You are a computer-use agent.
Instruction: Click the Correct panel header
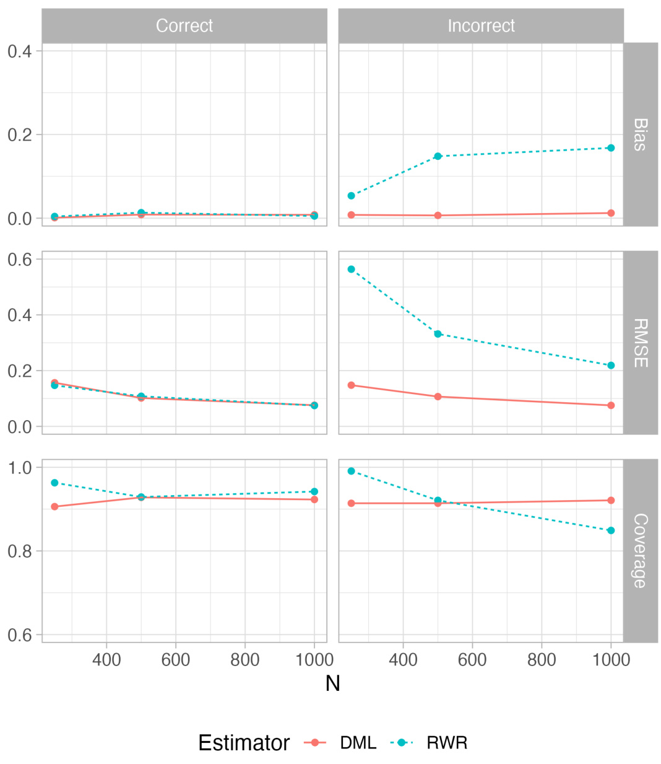point(184,25)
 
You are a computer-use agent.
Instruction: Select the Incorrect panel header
point(481,25)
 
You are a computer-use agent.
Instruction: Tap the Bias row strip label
point(640,134)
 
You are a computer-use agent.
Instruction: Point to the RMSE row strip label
point(640,343)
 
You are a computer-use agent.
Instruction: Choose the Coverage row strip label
point(640,550)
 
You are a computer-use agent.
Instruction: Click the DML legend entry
point(358,742)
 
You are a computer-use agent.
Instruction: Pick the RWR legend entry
point(446,742)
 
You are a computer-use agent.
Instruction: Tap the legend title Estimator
point(244,742)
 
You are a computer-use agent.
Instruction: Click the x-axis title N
point(332,683)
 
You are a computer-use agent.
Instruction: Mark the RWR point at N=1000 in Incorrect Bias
point(611,148)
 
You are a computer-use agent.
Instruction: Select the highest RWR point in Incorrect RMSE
point(352,270)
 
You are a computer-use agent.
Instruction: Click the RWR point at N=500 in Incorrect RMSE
point(438,334)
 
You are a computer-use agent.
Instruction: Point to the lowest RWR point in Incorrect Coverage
point(611,530)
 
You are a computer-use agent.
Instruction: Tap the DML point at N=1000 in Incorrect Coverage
point(611,500)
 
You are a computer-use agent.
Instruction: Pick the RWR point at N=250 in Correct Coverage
point(54,483)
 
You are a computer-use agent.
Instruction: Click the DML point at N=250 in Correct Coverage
point(54,507)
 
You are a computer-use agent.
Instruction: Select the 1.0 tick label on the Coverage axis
point(20,467)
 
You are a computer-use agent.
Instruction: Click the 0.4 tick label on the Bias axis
point(20,51)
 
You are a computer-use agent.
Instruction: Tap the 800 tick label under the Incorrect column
point(542,659)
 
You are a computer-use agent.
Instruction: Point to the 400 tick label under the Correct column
point(106,659)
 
